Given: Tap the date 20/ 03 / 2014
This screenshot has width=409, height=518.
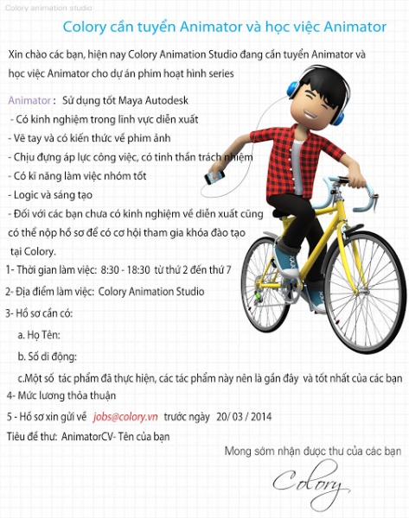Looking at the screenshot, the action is [x=244, y=416].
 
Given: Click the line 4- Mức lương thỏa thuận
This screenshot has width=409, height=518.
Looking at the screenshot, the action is [x=60, y=396].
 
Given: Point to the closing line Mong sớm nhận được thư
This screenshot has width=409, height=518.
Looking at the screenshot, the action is [x=313, y=452].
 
